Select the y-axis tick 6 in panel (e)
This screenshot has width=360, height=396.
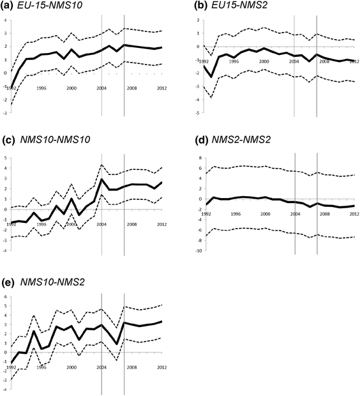tap(6, 297)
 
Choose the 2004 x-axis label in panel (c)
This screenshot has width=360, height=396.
tap(102, 224)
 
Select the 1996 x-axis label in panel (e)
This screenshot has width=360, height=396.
tap(42, 368)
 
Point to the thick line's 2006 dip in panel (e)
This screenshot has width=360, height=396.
tap(117, 344)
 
